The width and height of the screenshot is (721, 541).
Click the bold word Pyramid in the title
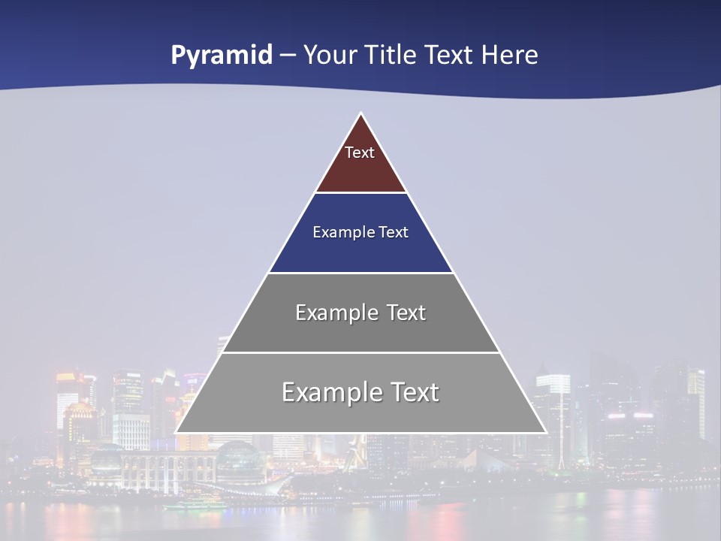tap(221, 56)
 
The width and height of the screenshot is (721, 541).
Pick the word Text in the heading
tap(448, 56)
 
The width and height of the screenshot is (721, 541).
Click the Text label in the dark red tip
tap(360, 153)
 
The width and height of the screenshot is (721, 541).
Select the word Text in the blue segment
tap(394, 233)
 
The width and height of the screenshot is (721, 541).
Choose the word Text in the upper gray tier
tap(406, 313)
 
